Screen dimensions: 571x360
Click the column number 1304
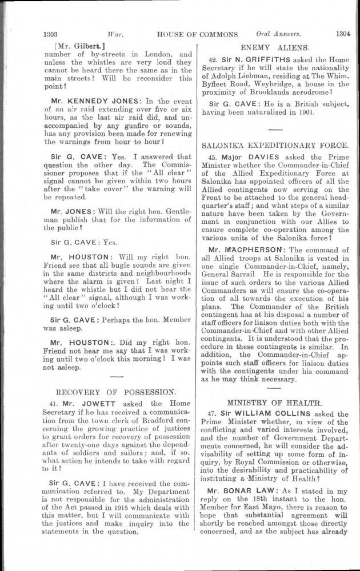[x=342, y=33]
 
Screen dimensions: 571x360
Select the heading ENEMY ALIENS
[x=275, y=47]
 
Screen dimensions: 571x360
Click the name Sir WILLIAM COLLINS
[x=266, y=415]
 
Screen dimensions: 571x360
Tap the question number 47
[x=213, y=415]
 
